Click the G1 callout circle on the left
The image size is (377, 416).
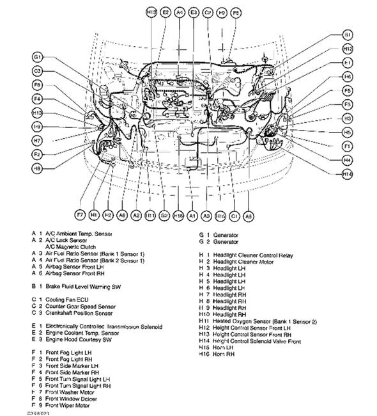[38, 58]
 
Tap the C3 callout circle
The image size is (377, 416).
[38, 71]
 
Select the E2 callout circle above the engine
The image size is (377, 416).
[165, 12]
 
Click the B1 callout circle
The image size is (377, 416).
[347, 33]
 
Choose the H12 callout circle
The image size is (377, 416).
[347, 49]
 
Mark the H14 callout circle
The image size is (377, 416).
[347, 174]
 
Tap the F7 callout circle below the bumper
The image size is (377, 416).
[80, 215]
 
